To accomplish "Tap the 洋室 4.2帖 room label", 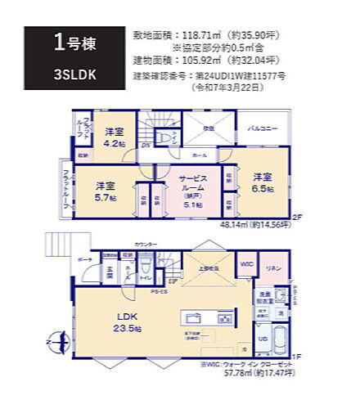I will [114, 137].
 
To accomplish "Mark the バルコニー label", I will [262, 129].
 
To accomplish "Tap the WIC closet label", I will [246, 266].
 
